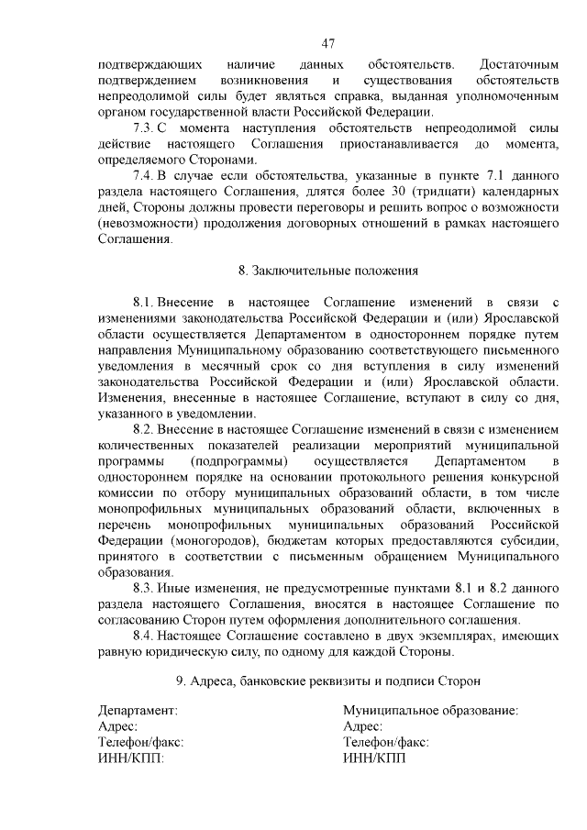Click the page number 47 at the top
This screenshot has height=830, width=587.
click(x=328, y=42)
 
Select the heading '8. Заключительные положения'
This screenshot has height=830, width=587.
click(x=328, y=271)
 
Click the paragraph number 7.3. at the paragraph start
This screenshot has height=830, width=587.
click(x=147, y=127)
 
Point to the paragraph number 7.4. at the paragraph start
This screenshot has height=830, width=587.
click(x=147, y=175)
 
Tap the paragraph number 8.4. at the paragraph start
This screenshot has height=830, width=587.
click(x=147, y=635)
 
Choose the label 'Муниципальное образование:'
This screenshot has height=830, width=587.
click(x=430, y=710)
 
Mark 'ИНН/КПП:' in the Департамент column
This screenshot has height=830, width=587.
click(x=128, y=758)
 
